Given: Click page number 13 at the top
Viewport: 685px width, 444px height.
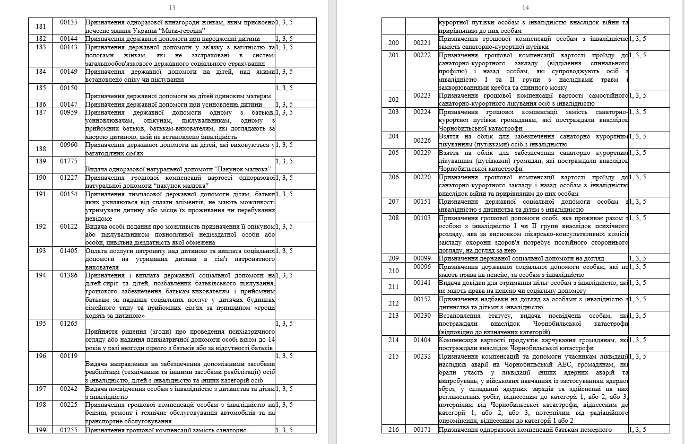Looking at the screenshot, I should [x=172, y=8].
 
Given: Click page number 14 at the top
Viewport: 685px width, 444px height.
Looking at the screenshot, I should [x=525, y=8].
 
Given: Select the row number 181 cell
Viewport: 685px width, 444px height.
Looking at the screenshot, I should [x=41, y=22].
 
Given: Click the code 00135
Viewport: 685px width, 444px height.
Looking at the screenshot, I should [x=69, y=22].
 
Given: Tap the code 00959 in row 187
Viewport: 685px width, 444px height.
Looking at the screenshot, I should [x=69, y=112].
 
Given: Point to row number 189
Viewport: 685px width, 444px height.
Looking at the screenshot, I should [x=41, y=161].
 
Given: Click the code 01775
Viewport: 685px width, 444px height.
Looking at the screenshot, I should [x=69, y=161].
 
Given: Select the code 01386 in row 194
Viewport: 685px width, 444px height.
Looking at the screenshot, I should [x=69, y=275].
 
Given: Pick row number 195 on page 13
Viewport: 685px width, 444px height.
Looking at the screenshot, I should [x=41, y=324].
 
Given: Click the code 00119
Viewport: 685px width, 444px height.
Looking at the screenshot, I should [x=69, y=356].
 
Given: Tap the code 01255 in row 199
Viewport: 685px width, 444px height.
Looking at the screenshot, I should [x=69, y=430].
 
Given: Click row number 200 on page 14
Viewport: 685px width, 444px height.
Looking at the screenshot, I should [x=394, y=43].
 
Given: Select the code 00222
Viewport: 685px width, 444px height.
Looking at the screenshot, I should [x=422, y=55].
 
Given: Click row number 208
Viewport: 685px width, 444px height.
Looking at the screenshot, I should [x=394, y=218].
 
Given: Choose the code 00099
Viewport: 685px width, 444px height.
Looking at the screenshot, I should [x=422, y=258].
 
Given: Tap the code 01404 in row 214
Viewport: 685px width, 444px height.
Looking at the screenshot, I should [x=422, y=340].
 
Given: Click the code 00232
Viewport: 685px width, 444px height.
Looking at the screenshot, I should [x=422, y=356].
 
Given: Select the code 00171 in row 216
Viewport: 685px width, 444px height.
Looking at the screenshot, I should [x=422, y=430].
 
